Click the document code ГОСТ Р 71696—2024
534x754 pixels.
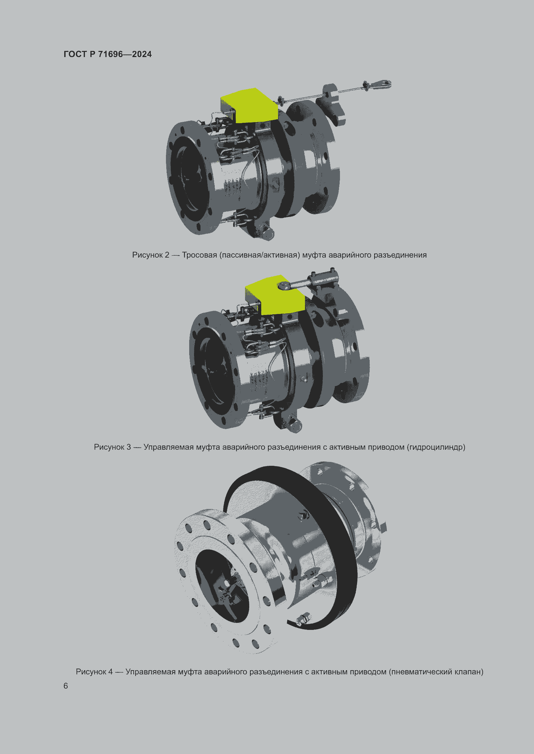pos(108,54)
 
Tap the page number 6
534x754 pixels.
pos(66,686)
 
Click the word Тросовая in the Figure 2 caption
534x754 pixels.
pos(199,255)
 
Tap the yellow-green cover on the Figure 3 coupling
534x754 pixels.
pos(274,295)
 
